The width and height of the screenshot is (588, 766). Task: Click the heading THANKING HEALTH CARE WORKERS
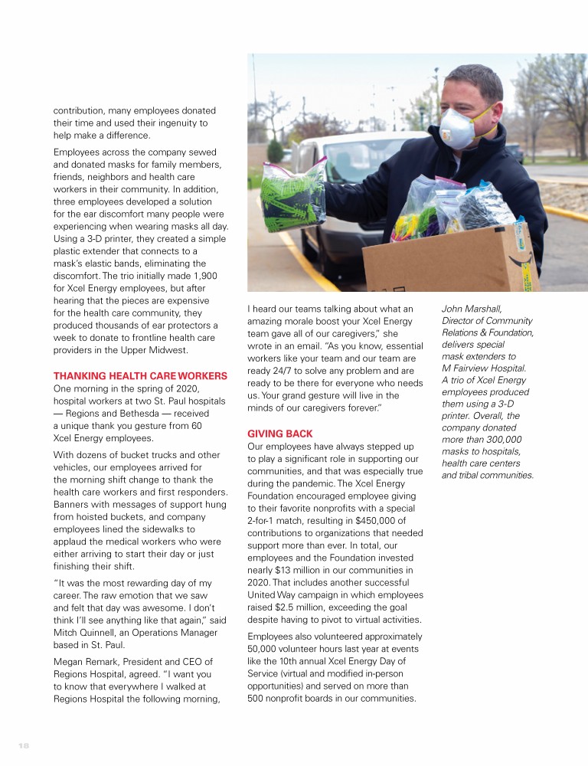(x=140, y=375)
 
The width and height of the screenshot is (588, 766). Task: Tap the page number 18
(x=23, y=745)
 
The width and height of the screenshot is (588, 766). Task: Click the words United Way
(x=273, y=595)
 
